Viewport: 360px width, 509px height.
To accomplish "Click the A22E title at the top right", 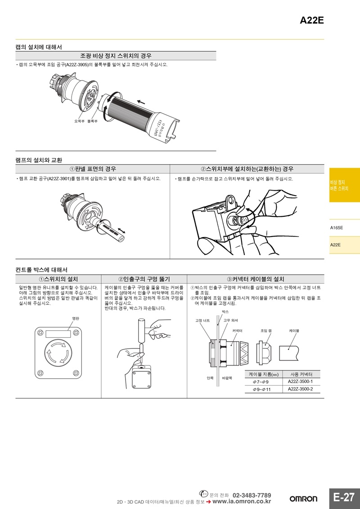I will click(x=312, y=21).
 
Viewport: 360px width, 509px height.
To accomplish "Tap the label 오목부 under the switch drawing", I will click(x=79, y=121).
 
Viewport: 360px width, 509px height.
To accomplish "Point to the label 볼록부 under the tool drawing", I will click(x=92, y=121).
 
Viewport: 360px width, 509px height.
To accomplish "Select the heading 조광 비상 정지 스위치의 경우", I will click(x=116, y=56).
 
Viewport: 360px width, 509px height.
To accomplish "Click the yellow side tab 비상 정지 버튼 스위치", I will click(x=344, y=185).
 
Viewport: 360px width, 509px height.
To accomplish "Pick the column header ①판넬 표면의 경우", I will click(x=93, y=169).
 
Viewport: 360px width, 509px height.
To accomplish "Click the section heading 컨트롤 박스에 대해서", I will click(x=41, y=270).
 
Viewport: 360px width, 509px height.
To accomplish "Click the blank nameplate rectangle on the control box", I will click(x=58, y=334).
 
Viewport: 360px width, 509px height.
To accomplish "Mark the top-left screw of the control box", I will click(x=40, y=333).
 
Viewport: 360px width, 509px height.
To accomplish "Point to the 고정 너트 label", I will click(x=202, y=321).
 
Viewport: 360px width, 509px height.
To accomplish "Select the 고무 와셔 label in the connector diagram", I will click(x=231, y=321).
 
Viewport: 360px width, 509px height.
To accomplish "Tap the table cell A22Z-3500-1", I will click(x=300, y=381).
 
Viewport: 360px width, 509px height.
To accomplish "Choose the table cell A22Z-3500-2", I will click(x=300, y=389).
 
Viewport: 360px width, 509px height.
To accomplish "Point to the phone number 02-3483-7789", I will click(x=252, y=495).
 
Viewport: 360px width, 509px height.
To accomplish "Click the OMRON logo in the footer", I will click(x=303, y=499).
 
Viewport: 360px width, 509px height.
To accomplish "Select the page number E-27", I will click(x=344, y=497).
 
